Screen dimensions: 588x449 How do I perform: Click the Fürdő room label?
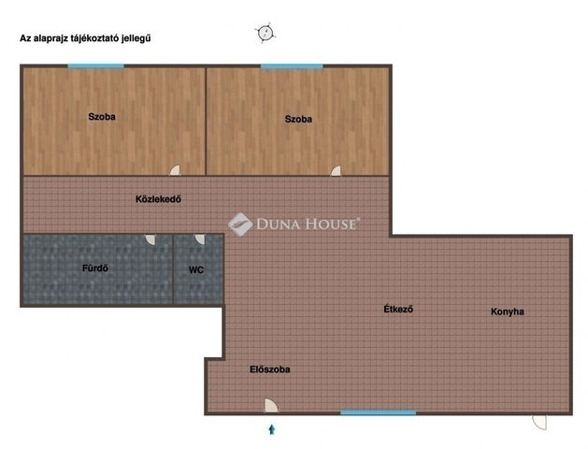pyautogui.click(x=95, y=268)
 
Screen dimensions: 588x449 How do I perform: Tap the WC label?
pyautogui.click(x=196, y=270)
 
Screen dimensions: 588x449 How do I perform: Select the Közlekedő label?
pyautogui.click(x=158, y=199)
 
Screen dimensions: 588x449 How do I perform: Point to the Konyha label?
pyautogui.click(x=508, y=311)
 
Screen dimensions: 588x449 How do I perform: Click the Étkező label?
pyautogui.click(x=398, y=309)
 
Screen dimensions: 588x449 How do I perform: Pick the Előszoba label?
pyautogui.click(x=270, y=369)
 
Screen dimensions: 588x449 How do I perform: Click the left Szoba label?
pyautogui.click(x=102, y=117)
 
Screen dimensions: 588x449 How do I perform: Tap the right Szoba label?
pyautogui.click(x=298, y=120)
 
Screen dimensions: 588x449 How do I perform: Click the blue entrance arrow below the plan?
pyautogui.click(x=272, y=429)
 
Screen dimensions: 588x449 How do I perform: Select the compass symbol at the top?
pyautogui.click(x=265, y=33)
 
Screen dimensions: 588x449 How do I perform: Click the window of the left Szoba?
pyautogui.click(x=95, y=66)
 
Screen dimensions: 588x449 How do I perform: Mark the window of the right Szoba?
pyautogui.click(x=292, y=66)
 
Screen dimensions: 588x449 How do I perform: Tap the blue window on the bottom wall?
pyautogui.click(x=379, y=413)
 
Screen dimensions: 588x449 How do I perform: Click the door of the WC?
pyautogui.click(x=200, y=239)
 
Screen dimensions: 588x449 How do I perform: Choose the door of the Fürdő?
pyautogui.click(x=150, y=239)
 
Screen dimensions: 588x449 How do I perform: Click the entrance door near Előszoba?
pyautogui.click(x=271, y=406)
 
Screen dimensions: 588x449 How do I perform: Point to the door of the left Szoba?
pyautogui.click(x=175, y=170)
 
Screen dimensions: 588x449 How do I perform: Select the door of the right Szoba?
pyautogui.click(x=336, y=170)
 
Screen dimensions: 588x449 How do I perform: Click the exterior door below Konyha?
pyautogui.click(x=539, y=422)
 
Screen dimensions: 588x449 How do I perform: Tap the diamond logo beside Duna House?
pyautogui.click(x=240, y=224)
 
